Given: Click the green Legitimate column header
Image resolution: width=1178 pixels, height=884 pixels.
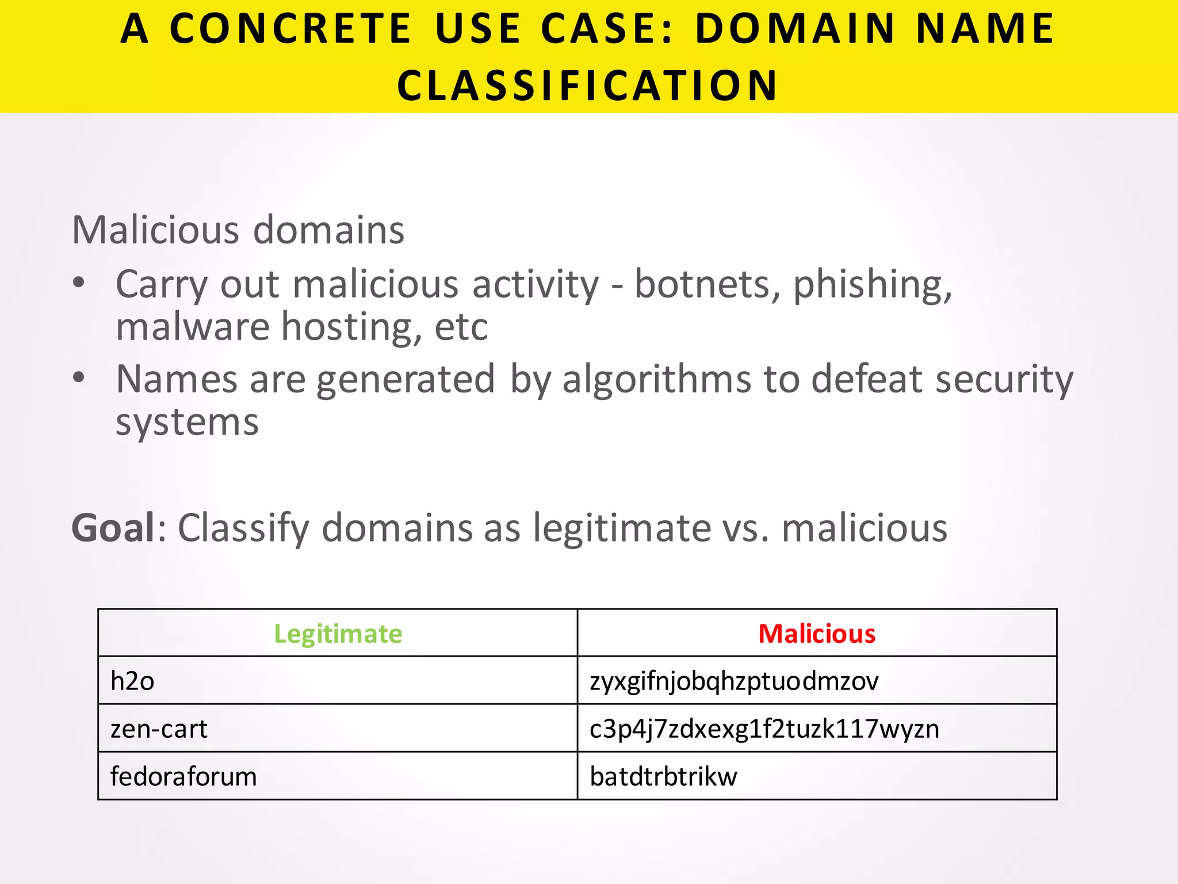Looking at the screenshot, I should pos(338,634).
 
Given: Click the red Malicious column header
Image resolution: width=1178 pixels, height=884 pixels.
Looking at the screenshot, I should pos(817,634).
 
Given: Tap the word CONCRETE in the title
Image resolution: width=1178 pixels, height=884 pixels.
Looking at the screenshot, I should pos(290,29).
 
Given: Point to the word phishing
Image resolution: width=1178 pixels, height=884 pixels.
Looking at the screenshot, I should pos(872,285).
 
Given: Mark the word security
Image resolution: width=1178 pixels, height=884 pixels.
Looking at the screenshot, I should pos(1004,380).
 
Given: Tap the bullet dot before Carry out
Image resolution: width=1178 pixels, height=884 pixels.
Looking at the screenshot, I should pos(79,283).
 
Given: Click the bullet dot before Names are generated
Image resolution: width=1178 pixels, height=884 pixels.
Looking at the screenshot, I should pos(79,378).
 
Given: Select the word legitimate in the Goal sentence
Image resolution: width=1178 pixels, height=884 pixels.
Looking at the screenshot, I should pos(622,528).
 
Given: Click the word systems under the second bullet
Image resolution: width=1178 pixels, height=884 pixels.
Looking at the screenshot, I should pos(187,423).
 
